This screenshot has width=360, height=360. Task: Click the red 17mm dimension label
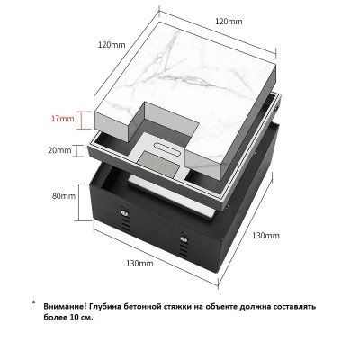click(62, 119)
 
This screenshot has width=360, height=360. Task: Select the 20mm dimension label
click(59, 150)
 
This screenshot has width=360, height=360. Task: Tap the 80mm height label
click(64, 196)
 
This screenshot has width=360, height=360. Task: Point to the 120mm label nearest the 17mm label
click(112, 45)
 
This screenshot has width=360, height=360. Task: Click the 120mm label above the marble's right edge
click(229, 22)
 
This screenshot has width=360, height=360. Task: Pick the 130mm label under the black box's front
click(139, 264)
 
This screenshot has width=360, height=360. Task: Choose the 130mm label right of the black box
click(265, 236)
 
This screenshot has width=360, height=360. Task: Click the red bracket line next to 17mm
click(84, 121)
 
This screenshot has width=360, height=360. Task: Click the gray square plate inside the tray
click(158, 165)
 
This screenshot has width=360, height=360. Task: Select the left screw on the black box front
click(124, 213)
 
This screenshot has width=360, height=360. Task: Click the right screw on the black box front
click(183, 239)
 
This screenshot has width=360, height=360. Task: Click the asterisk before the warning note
click(33, 301)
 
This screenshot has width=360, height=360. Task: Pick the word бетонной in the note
click(140, 307)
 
